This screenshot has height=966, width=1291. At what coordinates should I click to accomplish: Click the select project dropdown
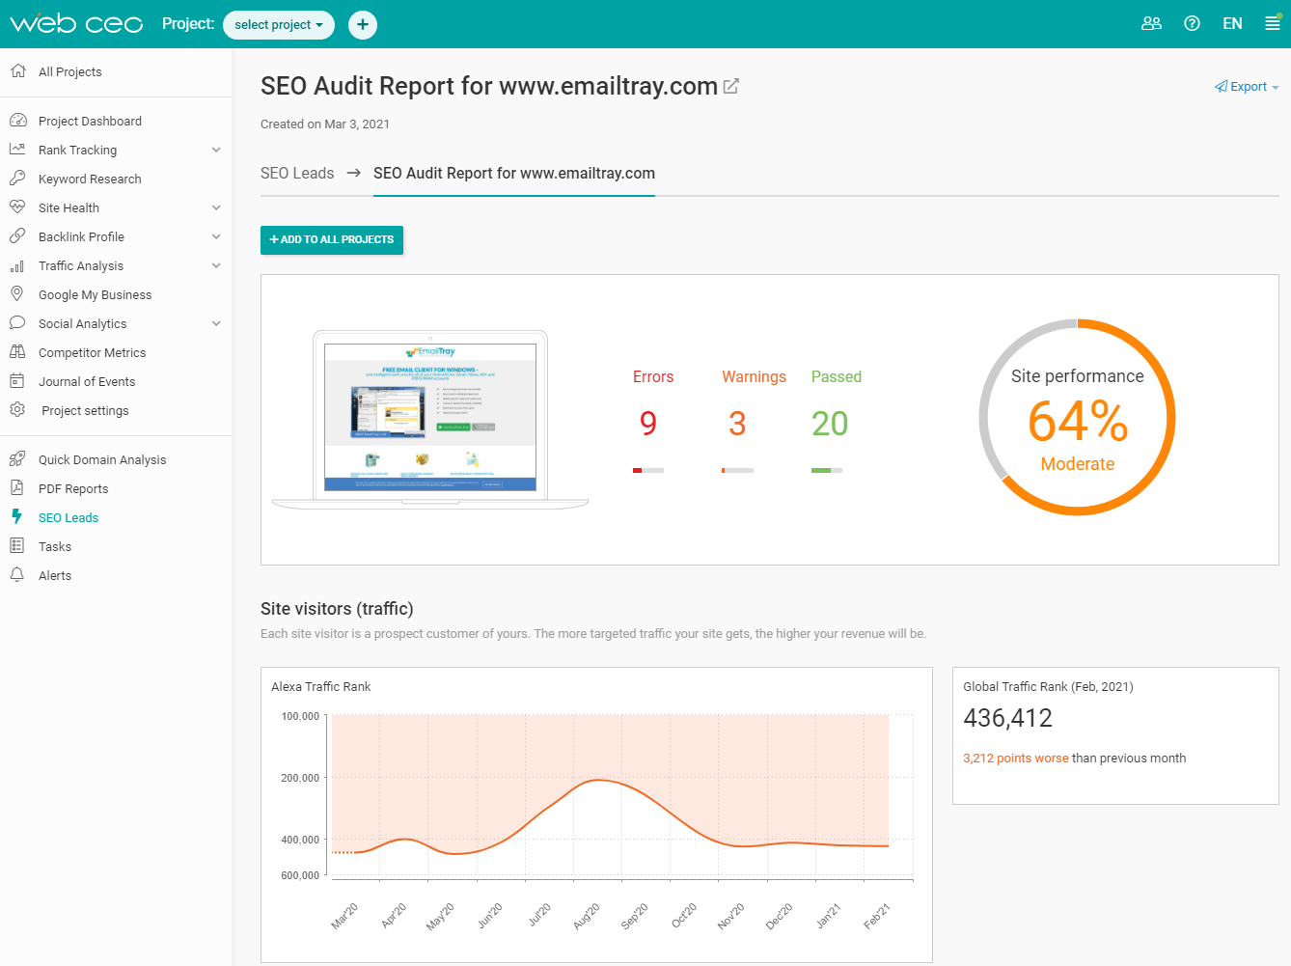pyautogui.click(x=278, y=25)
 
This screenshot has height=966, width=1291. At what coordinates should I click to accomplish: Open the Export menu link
pyautogui.click(x=1248, y=87)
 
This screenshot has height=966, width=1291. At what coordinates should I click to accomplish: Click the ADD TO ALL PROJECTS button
pyautogui.click(x=332, y=239)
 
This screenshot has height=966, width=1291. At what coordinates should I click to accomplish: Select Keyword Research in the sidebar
pyautogui.click(x=90, y=179)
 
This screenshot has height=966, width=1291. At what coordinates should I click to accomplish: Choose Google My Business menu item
pyautogui.click(x=95, y=295)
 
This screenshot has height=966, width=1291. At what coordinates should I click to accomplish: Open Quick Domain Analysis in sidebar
pyautogui.click(x=101, y=460)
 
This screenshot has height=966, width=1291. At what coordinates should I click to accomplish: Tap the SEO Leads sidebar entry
pyautogui.click(x=69, y=518)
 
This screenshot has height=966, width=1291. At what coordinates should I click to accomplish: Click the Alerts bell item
pyautogui.click(x=55, y=576)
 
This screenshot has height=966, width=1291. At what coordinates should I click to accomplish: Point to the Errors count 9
pyautogui.click(x=648, y=424)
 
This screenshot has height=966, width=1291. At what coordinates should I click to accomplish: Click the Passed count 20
pyautogui.click(x=830, y=424)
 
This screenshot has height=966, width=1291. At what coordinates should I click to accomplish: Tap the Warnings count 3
pyautogui.click(x=737, y=424)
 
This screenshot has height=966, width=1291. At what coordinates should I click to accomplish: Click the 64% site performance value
pyautogui.click(x=1078, y=423)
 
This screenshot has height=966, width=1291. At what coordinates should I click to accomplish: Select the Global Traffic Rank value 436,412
pyautogui.click(x=1007, y=718)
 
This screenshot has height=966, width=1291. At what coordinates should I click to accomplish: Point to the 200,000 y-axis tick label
pyautogui.click(x=300, y=778)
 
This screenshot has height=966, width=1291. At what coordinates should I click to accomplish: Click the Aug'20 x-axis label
pyautogui.click(x=586, y=916)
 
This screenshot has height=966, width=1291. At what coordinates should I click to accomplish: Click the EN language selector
pyautogui.click(x=1232, y=24)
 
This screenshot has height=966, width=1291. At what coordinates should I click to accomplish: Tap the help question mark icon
pyautogui.click(x=1192, y=24)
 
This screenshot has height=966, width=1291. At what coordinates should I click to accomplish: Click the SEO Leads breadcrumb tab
pyautogui.click(x=297, y=174)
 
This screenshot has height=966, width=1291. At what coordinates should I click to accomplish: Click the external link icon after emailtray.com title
pyautogui.click(x=731, y=87)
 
